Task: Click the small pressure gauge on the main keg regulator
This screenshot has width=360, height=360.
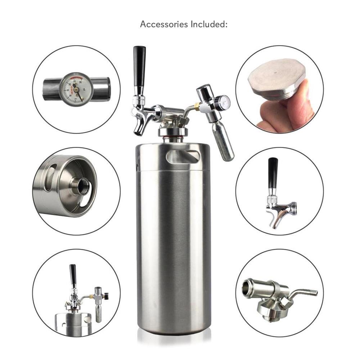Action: pyautogui.click(x=223, y=103)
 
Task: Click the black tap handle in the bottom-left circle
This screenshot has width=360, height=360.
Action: pyautogui.click(x=73, y=275)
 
